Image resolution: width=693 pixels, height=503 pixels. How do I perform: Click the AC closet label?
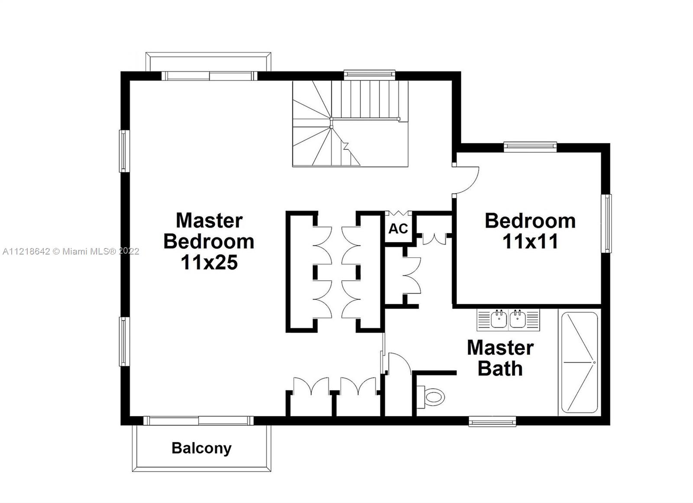click(x=398, y=229)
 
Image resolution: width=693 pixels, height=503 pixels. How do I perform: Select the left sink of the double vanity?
click(x=499, y=320)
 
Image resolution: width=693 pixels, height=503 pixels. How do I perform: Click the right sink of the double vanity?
click(x=518, y=320)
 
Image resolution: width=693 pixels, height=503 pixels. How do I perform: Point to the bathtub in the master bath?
click(x=580, y=362)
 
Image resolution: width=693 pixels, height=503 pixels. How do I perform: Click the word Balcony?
click(x=201, y=448)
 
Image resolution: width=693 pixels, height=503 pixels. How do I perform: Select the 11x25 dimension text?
click(x=209, y=262)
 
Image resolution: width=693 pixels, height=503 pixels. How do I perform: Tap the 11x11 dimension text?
click(x=530, y=242)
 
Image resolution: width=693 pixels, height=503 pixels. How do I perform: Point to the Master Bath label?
click(x=500, y=358)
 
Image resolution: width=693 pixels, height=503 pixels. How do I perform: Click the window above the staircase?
click(x=369, y=74)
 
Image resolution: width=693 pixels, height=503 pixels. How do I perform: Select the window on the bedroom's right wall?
click(x=608, y=223)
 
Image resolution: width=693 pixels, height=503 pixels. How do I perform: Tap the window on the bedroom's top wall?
click(x=530, y=146)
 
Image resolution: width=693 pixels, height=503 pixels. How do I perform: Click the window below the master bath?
click(x=492, y=421)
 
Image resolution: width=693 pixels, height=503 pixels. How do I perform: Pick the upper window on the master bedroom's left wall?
click(x=123, y=151)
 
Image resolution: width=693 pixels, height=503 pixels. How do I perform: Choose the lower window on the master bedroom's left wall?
click(x=123, y=342)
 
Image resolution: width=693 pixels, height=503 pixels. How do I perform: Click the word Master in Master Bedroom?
click(x=209, y=220)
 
